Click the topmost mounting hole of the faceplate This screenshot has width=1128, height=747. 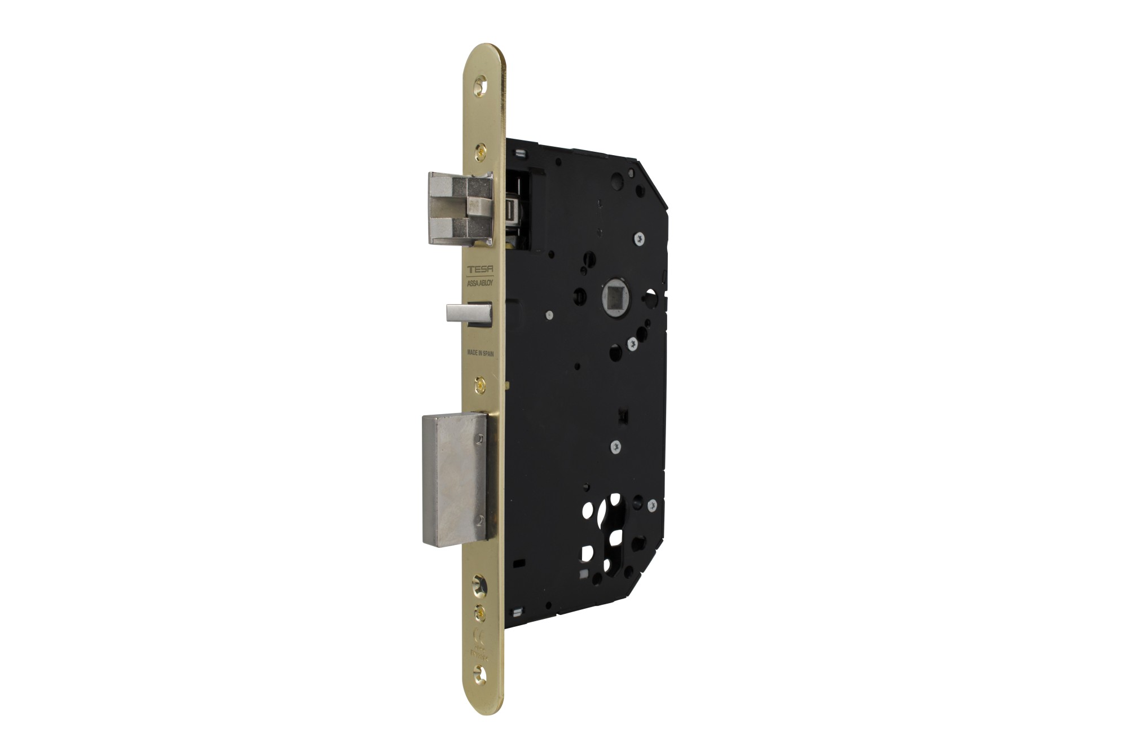click(481, 85)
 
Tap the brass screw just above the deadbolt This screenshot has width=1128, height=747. click(481, 383)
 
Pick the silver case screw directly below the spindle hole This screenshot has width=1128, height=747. click(632, 341)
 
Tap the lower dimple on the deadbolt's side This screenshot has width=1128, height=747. click(479, 522)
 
